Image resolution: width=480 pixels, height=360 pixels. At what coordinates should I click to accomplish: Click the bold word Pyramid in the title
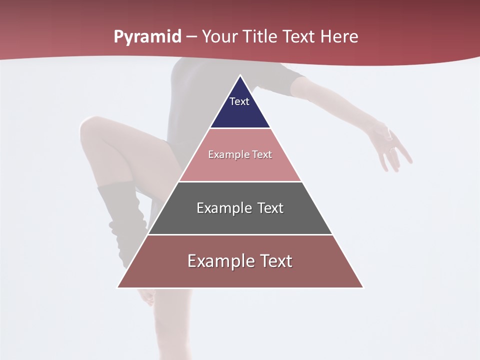pyautogui.click(x=147, y=37)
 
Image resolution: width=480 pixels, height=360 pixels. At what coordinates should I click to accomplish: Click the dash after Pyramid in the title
pyautogui.click(x=191, y=37)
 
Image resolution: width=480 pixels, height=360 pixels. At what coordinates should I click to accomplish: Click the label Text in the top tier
pyautogui.click(x=239, y=101)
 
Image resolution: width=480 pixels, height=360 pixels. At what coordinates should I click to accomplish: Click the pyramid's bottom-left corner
pyautogui.click(x=118, y=287)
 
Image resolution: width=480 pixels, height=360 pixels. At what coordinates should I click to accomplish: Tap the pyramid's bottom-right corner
pyautogui.click(x=362, y=287)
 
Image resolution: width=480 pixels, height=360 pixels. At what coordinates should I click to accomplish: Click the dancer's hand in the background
pyautogui.click(x=392, y=147)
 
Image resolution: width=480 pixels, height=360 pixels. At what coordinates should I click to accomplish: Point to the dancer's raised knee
pyautogui.click(x=90, y=127)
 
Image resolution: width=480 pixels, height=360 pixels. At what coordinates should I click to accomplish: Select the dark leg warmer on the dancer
pyautogui.click(x=120, y=220)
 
